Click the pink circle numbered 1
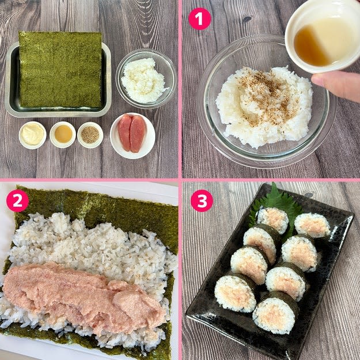[199, 19]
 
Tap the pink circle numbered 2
[17, 200]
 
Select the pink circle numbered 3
[202, 200]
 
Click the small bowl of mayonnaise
[33, 135]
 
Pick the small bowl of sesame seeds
[90, 135]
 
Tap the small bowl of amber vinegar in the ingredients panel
[63, 135]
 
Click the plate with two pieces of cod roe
[132, 136]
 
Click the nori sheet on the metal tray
[60, 69]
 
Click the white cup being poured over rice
[323, 37]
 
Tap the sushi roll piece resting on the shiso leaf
[273, 219]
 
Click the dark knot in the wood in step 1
[247, 19]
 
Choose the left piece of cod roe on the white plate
[125, 132]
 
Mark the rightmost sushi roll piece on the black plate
[312, 225]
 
